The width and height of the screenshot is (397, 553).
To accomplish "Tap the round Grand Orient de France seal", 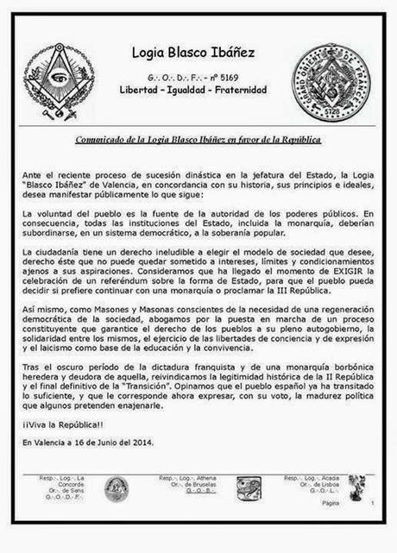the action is [x=329, y=82].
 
